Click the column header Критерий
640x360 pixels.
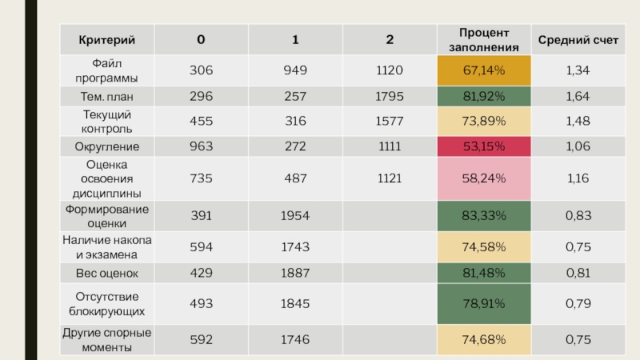point(106,39)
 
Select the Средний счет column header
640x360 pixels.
point(578,39)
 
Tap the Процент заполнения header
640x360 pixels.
point(483,39)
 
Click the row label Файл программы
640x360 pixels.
point(106,70)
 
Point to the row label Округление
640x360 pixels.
point(106,147)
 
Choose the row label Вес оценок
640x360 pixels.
point(106,274)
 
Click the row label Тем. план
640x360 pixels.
point(106,97)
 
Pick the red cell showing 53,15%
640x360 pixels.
point(483,147)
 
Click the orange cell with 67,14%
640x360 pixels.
point(483,70)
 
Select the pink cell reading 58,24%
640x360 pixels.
point(483,178)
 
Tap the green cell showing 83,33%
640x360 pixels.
point(483,216)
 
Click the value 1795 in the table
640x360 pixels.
point(390,97)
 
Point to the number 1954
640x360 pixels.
point(295,216)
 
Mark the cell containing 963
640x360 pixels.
point(201,147)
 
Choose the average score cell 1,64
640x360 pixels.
point(578,97)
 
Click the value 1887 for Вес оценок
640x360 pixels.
point(295,274)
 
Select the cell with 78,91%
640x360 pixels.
point(483,305)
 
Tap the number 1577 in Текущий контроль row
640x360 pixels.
point(390,122)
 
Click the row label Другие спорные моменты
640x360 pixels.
point(106,340)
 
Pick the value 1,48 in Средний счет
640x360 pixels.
point(578,122)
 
